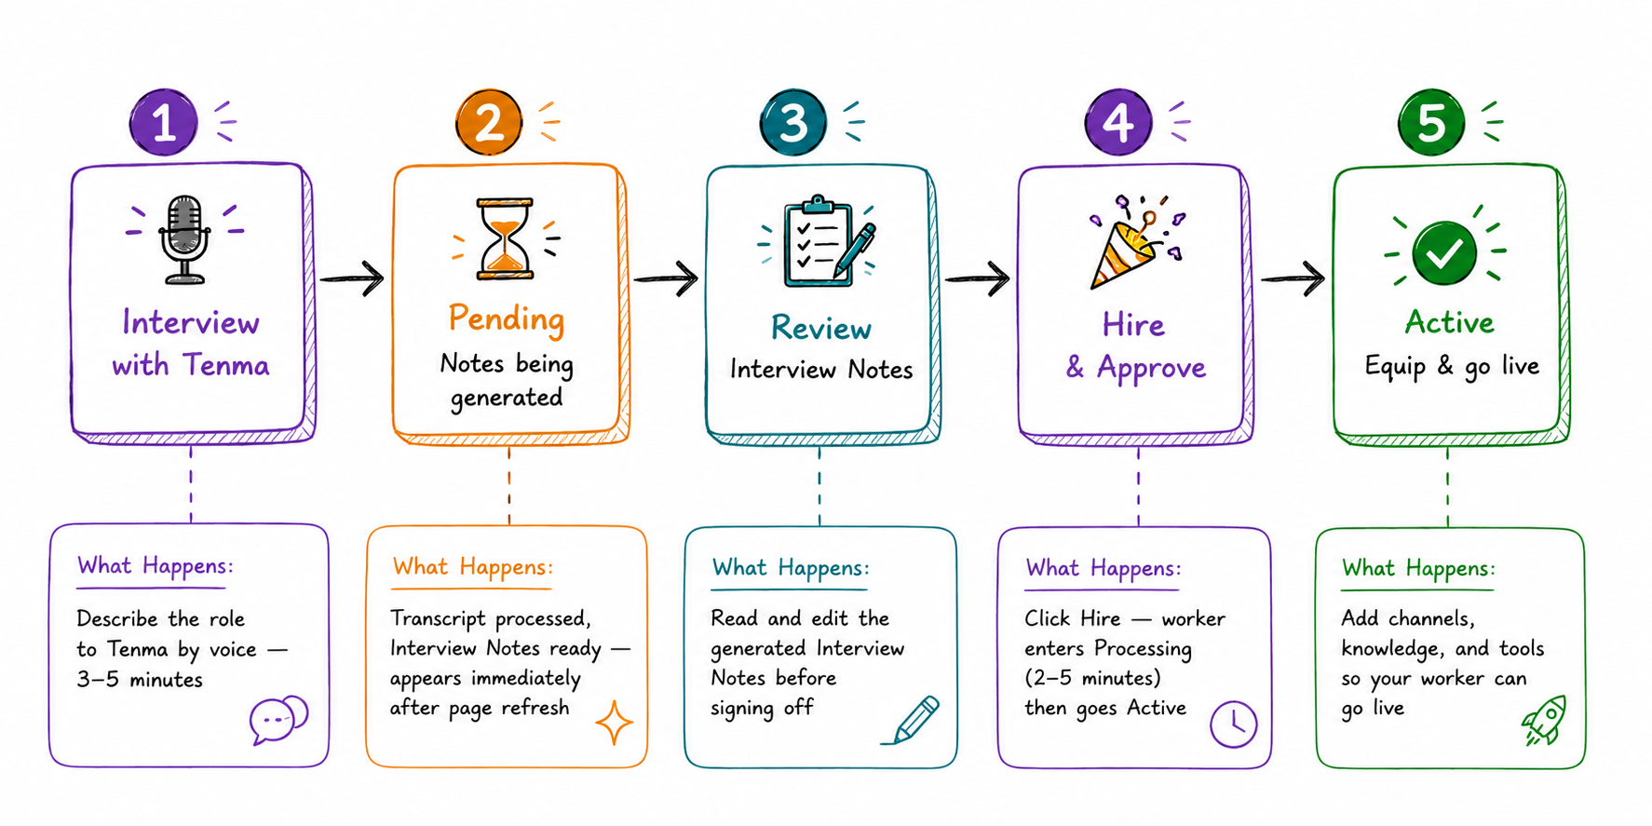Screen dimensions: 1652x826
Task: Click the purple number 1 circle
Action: (164, 122)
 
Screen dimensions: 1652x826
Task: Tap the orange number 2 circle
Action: (489, 122)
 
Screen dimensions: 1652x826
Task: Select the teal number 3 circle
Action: (792, 122)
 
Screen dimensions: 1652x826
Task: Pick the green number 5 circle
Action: (1431, 122)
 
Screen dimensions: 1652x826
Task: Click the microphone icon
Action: (184, 239)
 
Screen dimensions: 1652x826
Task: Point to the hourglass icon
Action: (505, 238)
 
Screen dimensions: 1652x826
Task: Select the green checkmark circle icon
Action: (1444, 252)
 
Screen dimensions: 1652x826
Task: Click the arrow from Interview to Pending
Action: (352, 278)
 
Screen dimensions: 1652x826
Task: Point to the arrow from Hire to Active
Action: (1293, 278)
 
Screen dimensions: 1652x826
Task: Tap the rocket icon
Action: (1544, 721)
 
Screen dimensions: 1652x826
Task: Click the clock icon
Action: (1234, 724)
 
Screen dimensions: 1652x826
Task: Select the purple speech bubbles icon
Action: (278, 719)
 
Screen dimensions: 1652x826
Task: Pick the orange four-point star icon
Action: (615, 723)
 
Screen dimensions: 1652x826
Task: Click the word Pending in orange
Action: (507, 318)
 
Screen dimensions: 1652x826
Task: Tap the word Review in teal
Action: (821, 328)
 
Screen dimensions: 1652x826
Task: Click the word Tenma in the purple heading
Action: (226, 365)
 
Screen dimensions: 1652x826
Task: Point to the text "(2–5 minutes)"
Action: (1092, 678)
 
